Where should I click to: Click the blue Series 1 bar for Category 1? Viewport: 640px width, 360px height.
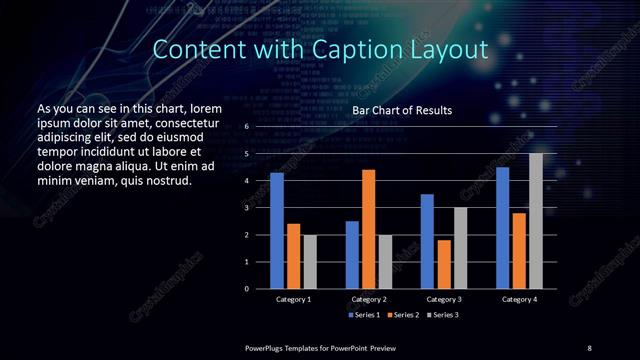tap(277, 231)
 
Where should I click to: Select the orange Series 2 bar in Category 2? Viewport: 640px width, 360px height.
tap(369, 229)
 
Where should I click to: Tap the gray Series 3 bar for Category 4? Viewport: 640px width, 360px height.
tap(536, 221)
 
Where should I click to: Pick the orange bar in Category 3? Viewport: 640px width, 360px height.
tap(444, 264)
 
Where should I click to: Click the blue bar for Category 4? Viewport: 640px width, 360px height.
tap(502, 228)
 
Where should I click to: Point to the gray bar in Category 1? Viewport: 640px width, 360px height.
tap(310, 262)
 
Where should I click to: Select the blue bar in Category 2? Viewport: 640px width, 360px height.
tap(352, 255)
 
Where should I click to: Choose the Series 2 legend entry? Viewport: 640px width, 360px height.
tap(404, 315)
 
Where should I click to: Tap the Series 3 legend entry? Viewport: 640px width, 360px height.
tap(444, 315)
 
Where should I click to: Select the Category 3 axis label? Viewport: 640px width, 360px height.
tap(444, 299)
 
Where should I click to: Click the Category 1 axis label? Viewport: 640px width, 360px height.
tap(293, 299)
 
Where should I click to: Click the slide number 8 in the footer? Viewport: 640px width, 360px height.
tap(589, 347)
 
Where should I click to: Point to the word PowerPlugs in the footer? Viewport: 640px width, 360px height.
tap(266, 347)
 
